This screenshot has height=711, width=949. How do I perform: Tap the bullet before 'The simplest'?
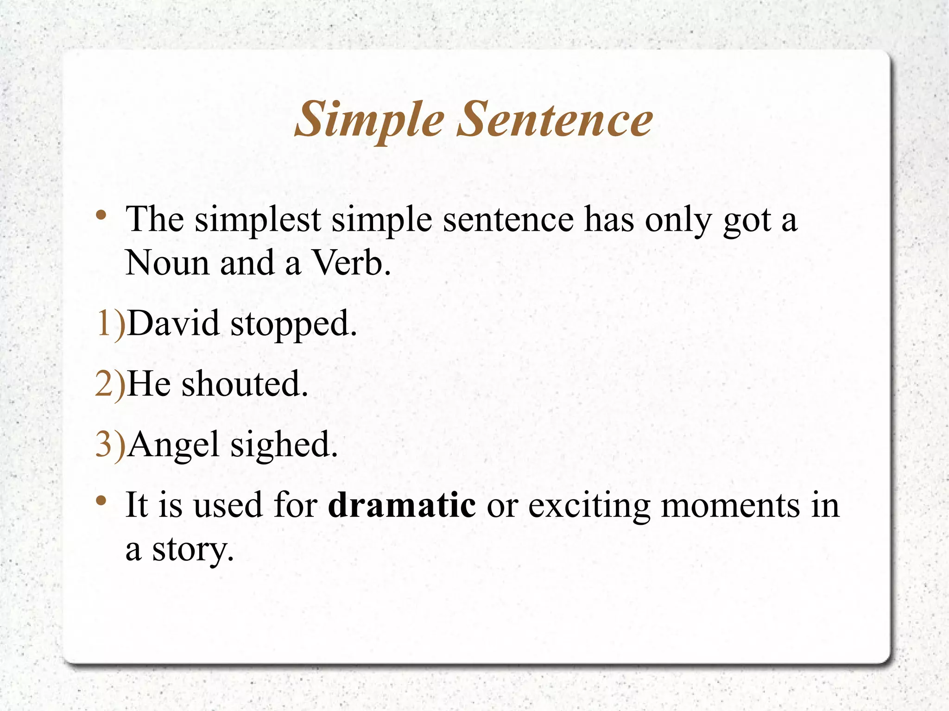[x=101, y=215]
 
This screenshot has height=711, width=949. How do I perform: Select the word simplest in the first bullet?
[x=258, y=220]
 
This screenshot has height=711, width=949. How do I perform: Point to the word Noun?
[x=167, y=263]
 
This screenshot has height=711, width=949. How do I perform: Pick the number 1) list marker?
[x=110, y=323]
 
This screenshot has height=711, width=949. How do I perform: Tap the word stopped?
[x=293, y=324]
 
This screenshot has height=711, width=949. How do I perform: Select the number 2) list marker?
[x=110, y=384]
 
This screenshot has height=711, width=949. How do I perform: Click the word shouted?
[x=244, y=384]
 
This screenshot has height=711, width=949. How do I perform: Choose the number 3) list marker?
[x=110, y=445]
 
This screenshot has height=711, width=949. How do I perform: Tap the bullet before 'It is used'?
[x=101, y=501]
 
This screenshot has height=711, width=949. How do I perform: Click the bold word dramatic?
[x=402, y=505]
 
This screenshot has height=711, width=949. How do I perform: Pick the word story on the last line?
[x=193, y=550]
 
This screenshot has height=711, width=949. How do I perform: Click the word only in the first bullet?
[x=678, y=220]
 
